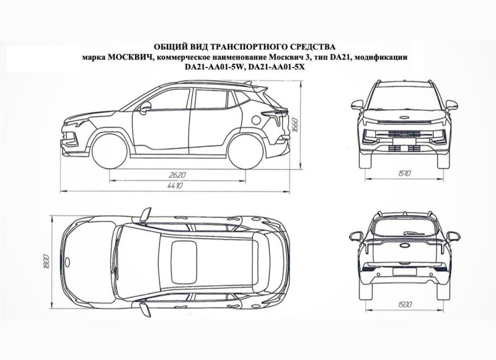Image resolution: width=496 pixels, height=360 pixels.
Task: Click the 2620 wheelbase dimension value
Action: click(177, 175)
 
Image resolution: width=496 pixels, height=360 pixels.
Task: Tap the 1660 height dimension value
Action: click(294, 126)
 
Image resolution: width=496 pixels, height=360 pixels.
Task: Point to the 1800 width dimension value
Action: click(47, 261)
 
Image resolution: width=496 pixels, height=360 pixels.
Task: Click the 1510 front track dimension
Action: click(404, 173)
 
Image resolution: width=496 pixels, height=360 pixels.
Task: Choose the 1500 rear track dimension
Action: click(405, 304)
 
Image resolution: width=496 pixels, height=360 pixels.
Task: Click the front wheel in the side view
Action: click(110, 151)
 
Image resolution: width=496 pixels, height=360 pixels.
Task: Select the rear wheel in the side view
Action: click(246, 151)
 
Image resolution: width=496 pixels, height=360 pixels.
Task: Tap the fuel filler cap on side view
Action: click(256, 120)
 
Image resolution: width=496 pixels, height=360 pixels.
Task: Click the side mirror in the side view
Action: click(145, 107)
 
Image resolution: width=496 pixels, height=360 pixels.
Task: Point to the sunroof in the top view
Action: click(184, 262)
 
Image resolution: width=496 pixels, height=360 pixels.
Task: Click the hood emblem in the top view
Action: click(67, 261)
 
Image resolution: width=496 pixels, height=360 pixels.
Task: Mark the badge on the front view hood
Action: click(405, 117)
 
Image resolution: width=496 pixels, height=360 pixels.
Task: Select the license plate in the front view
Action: click(404, 141)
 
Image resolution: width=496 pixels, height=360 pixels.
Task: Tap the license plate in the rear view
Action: click(404, 271)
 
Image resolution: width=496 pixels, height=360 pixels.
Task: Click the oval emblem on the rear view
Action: click(405, 245)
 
